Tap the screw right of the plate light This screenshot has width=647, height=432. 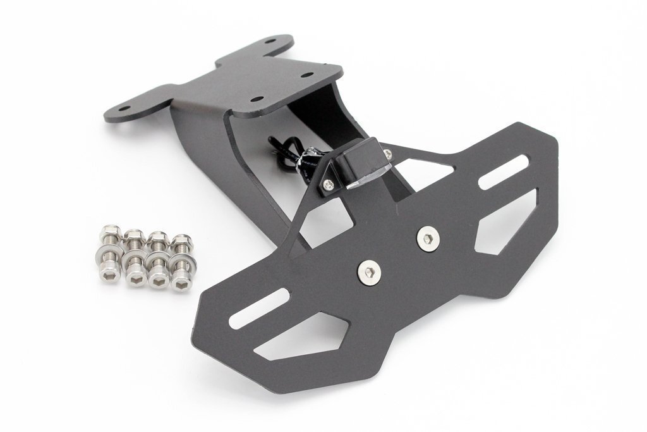pos(387,153)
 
